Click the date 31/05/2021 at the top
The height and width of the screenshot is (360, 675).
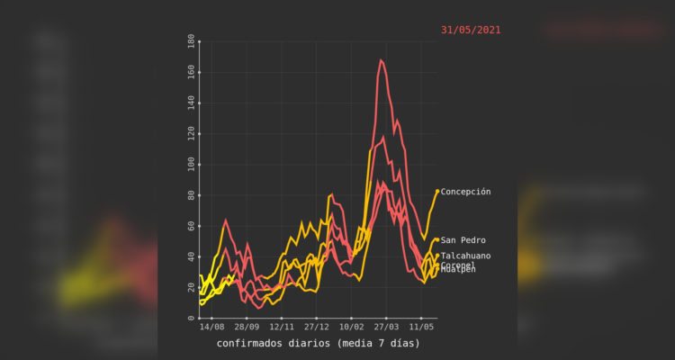pyautogui.click(x=471, y=30)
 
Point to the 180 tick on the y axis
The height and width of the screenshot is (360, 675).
pyautogui.click(x=191, y=41)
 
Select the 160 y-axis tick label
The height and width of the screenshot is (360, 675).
pyautogui.click(x=191, y=72)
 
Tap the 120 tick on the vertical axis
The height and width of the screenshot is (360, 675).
pyautogui.click(x=191, y=133)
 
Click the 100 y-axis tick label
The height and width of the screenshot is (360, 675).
pyautogui.click(x=191, y=165)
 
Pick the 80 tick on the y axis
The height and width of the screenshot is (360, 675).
pyautogui.click(x=191, y=195)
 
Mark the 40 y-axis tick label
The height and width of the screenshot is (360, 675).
pyautogui.click(x=191, y=256)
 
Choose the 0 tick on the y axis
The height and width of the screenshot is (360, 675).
pyautogui.click(x=191, y=318)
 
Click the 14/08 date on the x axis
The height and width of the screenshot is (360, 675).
pyautogui.click(x=211, y=328)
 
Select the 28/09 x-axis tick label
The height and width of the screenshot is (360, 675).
pyautogui.click(x=247, y=328)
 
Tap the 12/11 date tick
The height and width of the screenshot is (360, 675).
pyautogui.click(x=282, y=328)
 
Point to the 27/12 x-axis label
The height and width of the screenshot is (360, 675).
pyautogui.click(x=316, y=328)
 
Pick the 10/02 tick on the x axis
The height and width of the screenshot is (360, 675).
pyautogui.click(x=351, y=328)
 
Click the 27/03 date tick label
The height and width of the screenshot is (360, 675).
pyautogui.click(x=386, y=328)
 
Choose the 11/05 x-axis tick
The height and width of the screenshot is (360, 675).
pyautogui.click(x=421, y=328)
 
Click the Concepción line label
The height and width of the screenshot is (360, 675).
pyautogui.click(x=465, y=192)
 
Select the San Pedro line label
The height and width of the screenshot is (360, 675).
pyautogui.click(x=463, y=240)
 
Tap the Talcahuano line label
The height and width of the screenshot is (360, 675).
pyautogui.click(x=465, y=256)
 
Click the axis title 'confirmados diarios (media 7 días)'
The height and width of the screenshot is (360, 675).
pyautogui.click(x=318, y=343)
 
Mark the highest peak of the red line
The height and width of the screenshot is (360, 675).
pyautogui.click(x=381, y=60)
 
